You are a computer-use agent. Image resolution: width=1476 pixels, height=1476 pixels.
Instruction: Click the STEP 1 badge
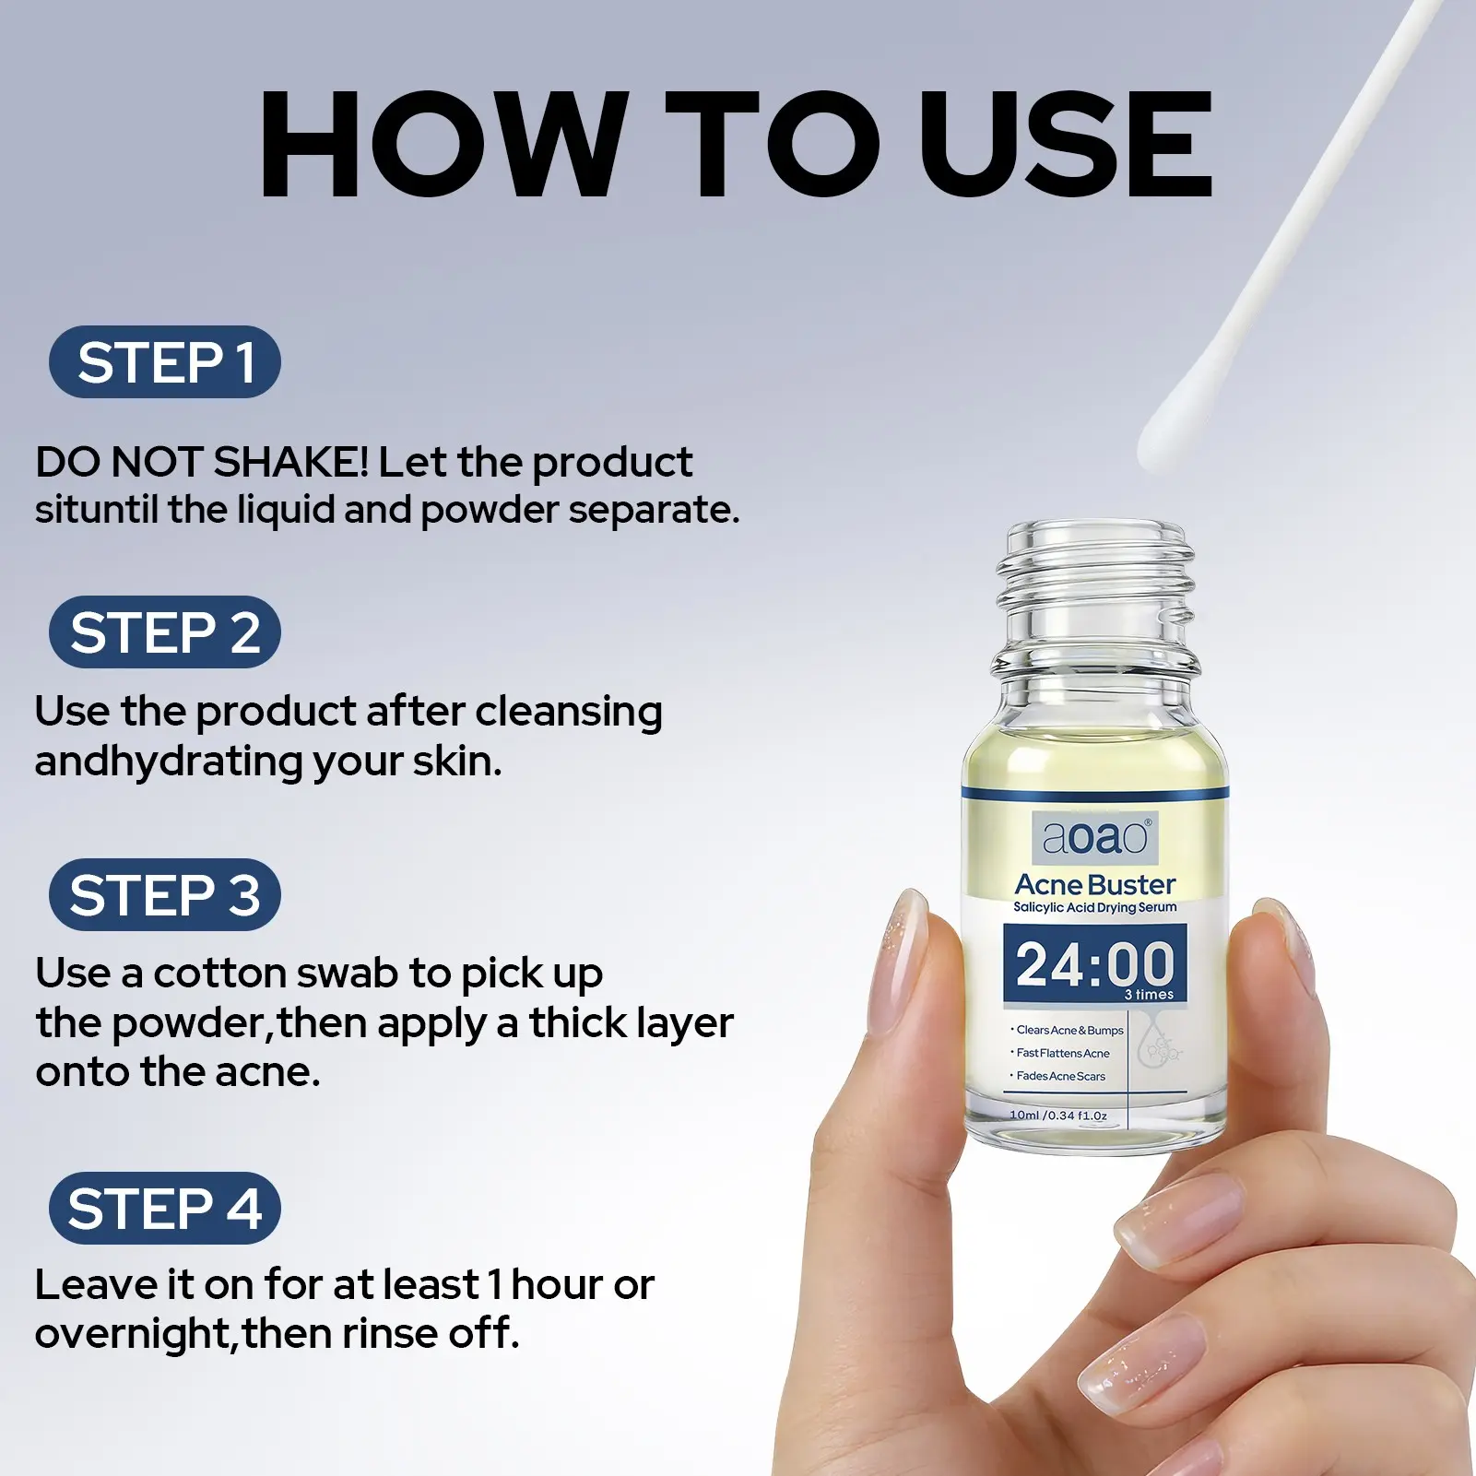pyautogui.click(x=164, y=361)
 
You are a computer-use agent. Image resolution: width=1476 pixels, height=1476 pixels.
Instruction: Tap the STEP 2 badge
pyautogui.click(x=164, y=632)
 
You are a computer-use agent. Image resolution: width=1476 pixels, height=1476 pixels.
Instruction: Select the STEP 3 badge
pyautogui.click(x=164, y=894)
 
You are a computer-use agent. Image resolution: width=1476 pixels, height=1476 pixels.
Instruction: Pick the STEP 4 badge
pyautogui.click(x=164, y=1208)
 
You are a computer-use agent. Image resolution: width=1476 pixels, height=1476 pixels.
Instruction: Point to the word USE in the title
pyautogui.click(x=1066, y=144)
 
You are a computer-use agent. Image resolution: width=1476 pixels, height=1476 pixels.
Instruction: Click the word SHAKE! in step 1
pyautogui.click(x=291, y=462)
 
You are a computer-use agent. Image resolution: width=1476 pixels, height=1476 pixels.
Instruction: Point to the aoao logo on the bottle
pyautogui.click(x=1095, y=837)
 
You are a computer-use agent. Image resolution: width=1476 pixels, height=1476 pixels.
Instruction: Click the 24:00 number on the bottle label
pyautogui.click(x=1095, y=964)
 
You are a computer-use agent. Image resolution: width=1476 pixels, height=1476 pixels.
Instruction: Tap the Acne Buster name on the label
pyautogui.click(x=1095, y=885)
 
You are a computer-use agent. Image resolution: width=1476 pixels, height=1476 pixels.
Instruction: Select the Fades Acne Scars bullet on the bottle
pyautogui.click(x=1058, y=1076)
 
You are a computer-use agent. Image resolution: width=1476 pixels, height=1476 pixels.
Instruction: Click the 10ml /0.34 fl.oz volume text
pyautogui.click(x=1058, y=1116)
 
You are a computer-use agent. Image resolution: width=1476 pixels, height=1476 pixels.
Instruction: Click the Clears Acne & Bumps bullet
pyautogui.click(x=1068, y=1031)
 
